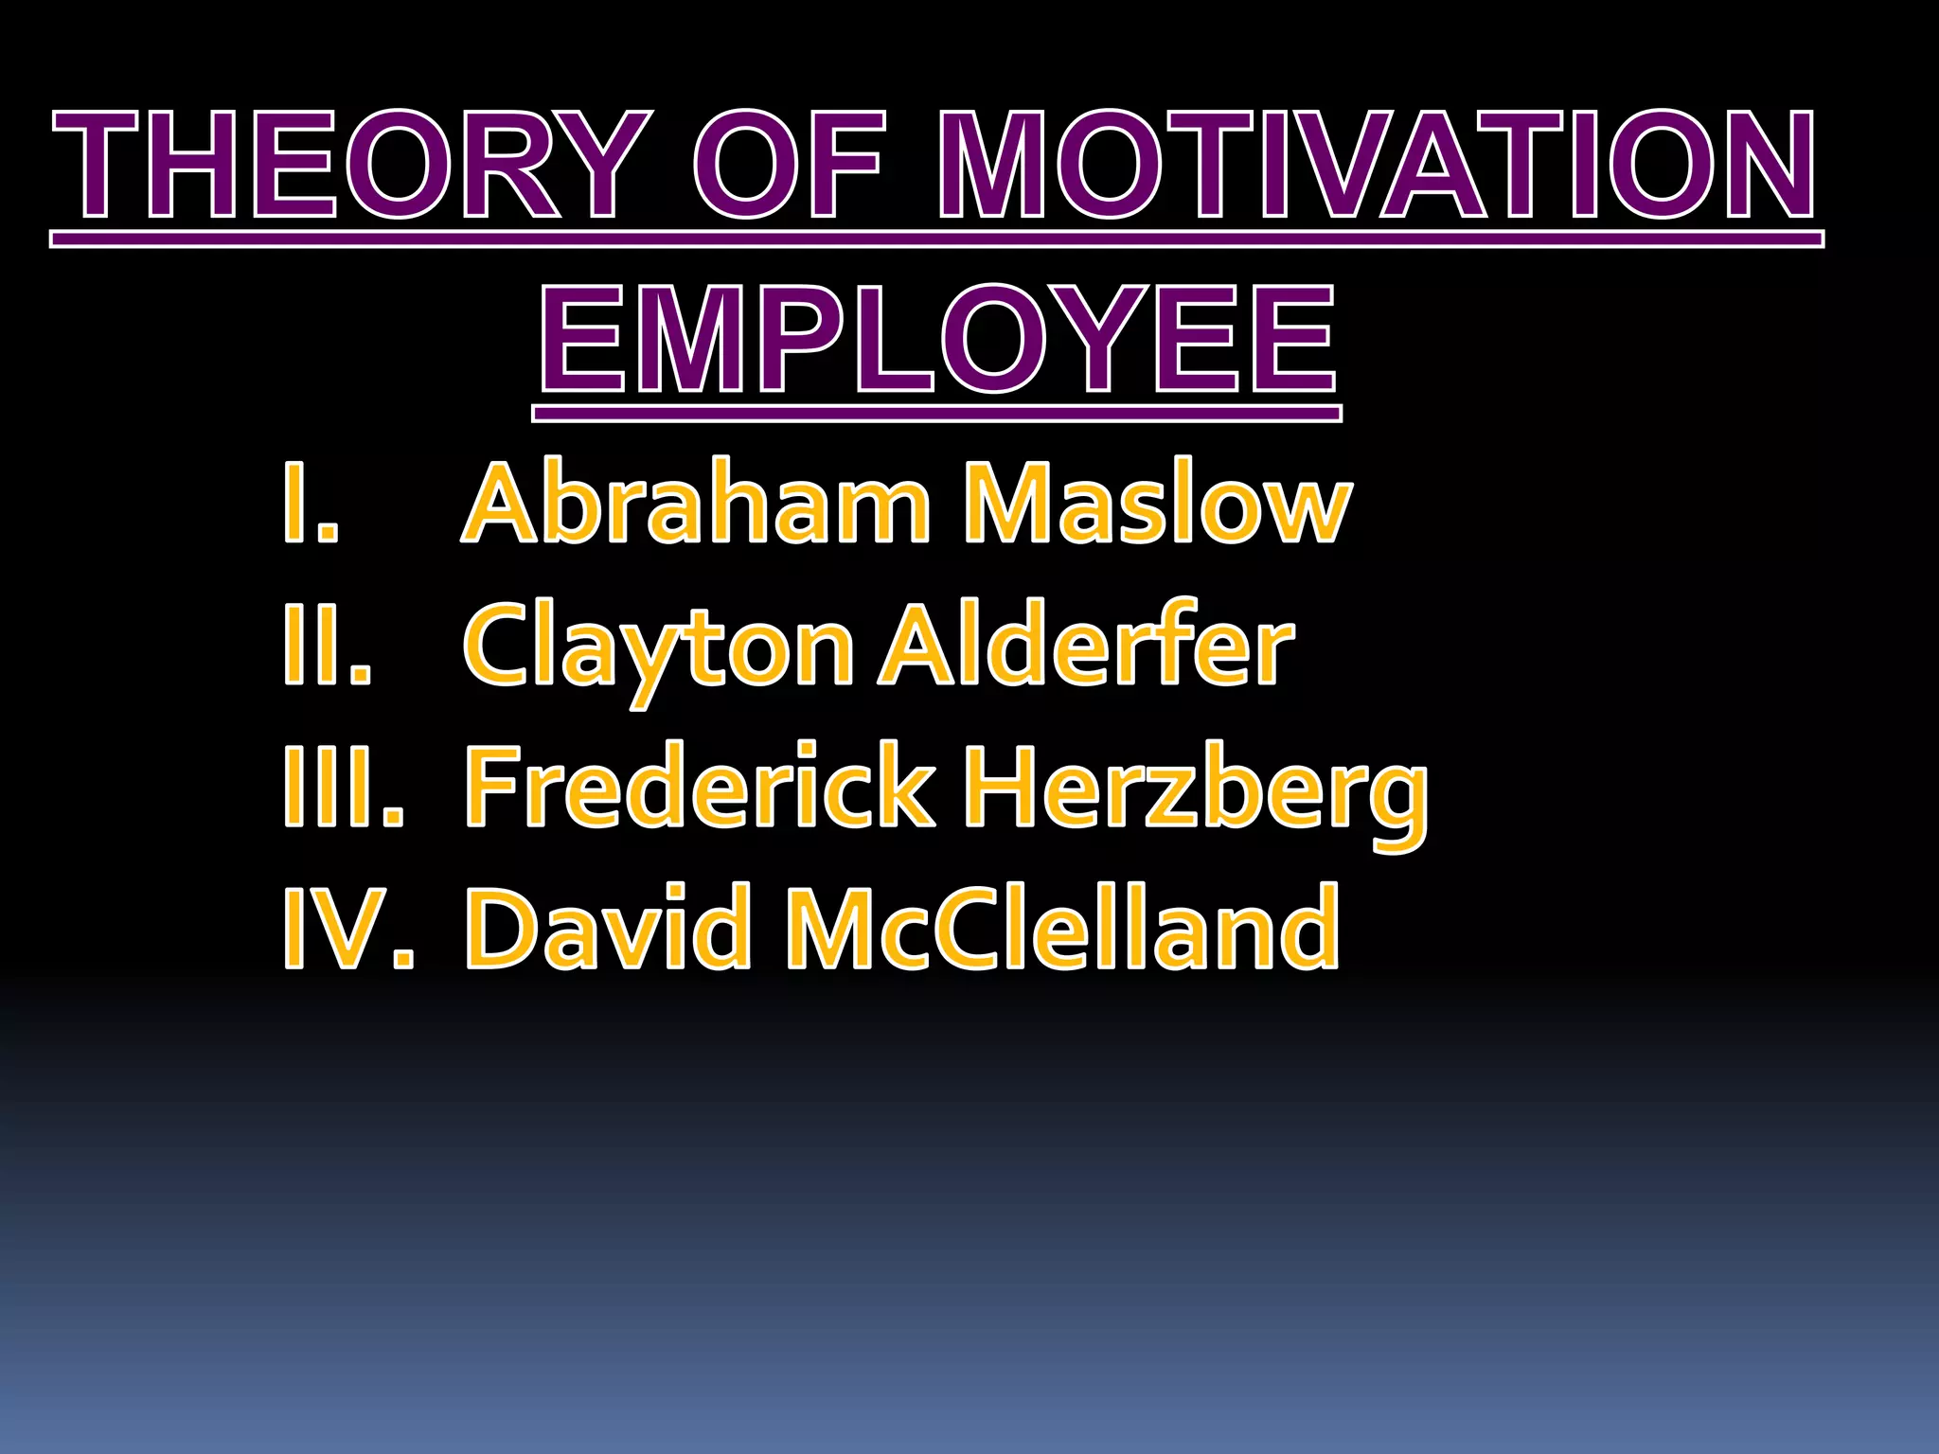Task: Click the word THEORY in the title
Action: coord(351,165)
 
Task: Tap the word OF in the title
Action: coord(791,165)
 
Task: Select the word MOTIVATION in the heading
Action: coord(1378,165)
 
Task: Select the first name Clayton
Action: coord(659,647)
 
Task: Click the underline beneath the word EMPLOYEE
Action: coord(937,414)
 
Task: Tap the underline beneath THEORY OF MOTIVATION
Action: coord(937,239)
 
